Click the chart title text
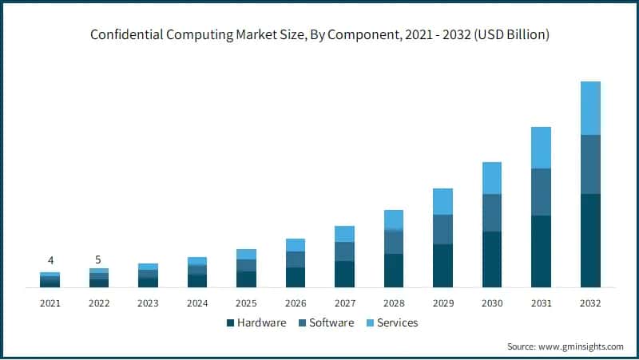pyautogui.click(x=319, y=35)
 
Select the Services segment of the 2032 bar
pyautogui.click(x=590, y=108)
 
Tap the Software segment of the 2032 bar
pyautogui.click(x=590, y=164)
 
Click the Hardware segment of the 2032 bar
pyautogui.click(x=590, y=240)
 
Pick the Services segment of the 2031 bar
pyautogui.click(x=541, y=148)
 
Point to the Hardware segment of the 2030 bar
pyautogui.click(x=492, y=259)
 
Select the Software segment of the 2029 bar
pyautogui.click(x=443, y=229)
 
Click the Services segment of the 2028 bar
pyautogui.click(x=394, y=220)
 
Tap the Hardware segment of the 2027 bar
pyautogui.click(x=344, y=274)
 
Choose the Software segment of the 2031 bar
pyautogui.click(x=541, y=192)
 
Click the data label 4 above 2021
pyautogui.click(x=50, y=260)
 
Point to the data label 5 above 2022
pyautogui.click(x=99, y=259)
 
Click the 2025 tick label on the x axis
pyautogui.click(x=246, y=303)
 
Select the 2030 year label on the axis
pyautogui.click(x=492, y=303)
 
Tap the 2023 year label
pyautogui.click(x=148, y=303)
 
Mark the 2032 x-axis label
pyautogui.click(x=590, y=303)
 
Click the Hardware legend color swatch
pyautogui.click(x=231, y=323)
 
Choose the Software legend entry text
pyautogui.click(x=330, y=323)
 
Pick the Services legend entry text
pyautogui.click(x=397, y=323)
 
